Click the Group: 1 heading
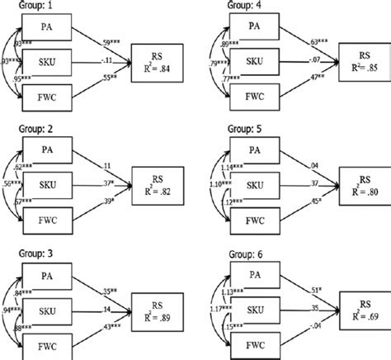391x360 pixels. [28, 7]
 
